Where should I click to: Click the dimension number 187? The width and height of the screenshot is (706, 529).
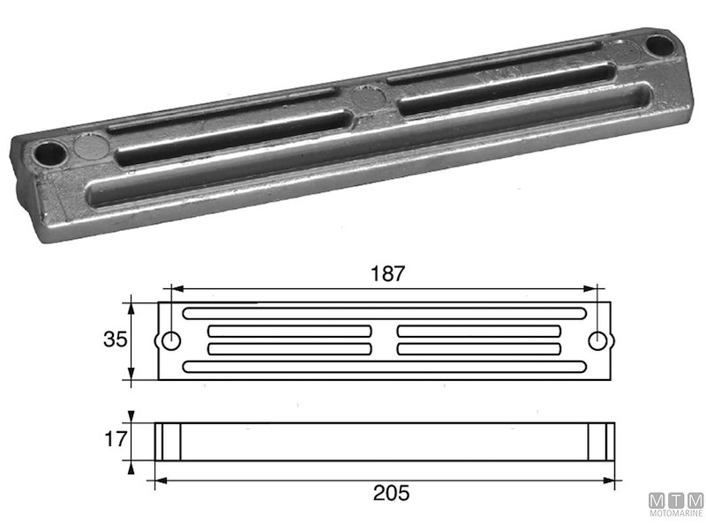(x=387, y=273)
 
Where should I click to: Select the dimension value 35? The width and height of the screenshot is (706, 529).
(x=115, y=339)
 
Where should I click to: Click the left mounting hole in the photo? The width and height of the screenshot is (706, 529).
(x=45, y=156)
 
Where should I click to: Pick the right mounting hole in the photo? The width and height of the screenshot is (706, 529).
(x=657, y=43)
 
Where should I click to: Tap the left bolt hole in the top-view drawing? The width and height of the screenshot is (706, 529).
(x=171, y=340)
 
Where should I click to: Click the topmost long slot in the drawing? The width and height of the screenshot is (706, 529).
(x=384, y=313)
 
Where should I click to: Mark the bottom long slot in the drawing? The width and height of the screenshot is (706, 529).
(x=384, y=366)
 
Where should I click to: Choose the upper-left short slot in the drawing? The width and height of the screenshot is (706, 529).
(x=289, y=331)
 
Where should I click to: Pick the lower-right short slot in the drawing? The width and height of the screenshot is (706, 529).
(x=479, y=349)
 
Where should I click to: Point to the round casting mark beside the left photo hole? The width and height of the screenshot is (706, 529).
(x=86, y=144)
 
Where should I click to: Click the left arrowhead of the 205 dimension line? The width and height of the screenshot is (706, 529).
(x=160, y=481)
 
